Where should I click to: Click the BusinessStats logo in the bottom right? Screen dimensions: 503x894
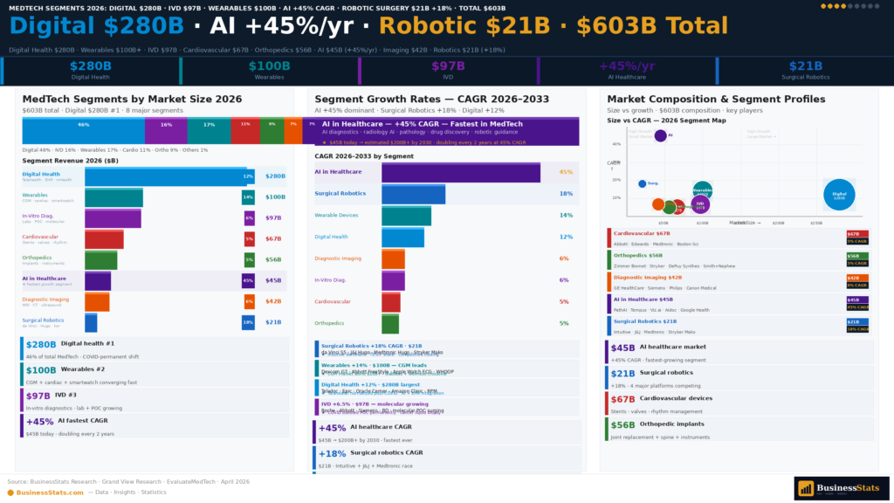coord(841,488)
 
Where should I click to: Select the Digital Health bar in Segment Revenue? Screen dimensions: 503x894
coord(166,176)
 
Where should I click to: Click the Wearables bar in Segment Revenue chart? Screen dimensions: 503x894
coord(113,197)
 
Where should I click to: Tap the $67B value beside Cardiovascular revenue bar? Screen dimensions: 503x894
coord(273,238)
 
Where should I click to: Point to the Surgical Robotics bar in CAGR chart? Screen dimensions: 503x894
coord(413,194)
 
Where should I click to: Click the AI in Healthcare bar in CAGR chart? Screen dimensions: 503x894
coord(460,172)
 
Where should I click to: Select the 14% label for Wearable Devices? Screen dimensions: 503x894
coord(566,215)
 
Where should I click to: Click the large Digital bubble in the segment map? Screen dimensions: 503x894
coord(838,195)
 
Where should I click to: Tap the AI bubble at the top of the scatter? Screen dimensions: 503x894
coord(660,135)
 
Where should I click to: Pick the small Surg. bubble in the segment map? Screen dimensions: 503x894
coord(643,183)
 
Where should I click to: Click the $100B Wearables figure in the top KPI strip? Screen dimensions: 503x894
coord(269,66)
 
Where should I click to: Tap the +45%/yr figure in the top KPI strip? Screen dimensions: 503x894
coord(626,66)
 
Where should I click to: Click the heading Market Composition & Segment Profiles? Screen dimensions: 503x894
coord(715,100)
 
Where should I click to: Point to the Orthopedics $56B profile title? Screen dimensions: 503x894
coord(642,255)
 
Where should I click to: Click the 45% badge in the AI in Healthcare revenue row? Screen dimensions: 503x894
coord(248,281)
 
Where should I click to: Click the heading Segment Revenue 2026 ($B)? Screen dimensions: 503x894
coord(71,161)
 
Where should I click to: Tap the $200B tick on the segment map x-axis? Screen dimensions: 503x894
coord(779,223)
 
